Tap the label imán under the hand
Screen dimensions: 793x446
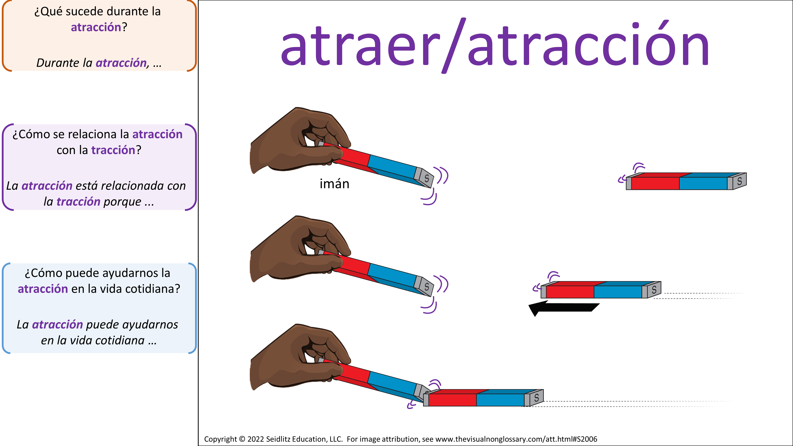point(334,184)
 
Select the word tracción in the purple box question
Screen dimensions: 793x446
point(113,150)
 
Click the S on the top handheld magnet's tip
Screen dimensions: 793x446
point(427,178)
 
